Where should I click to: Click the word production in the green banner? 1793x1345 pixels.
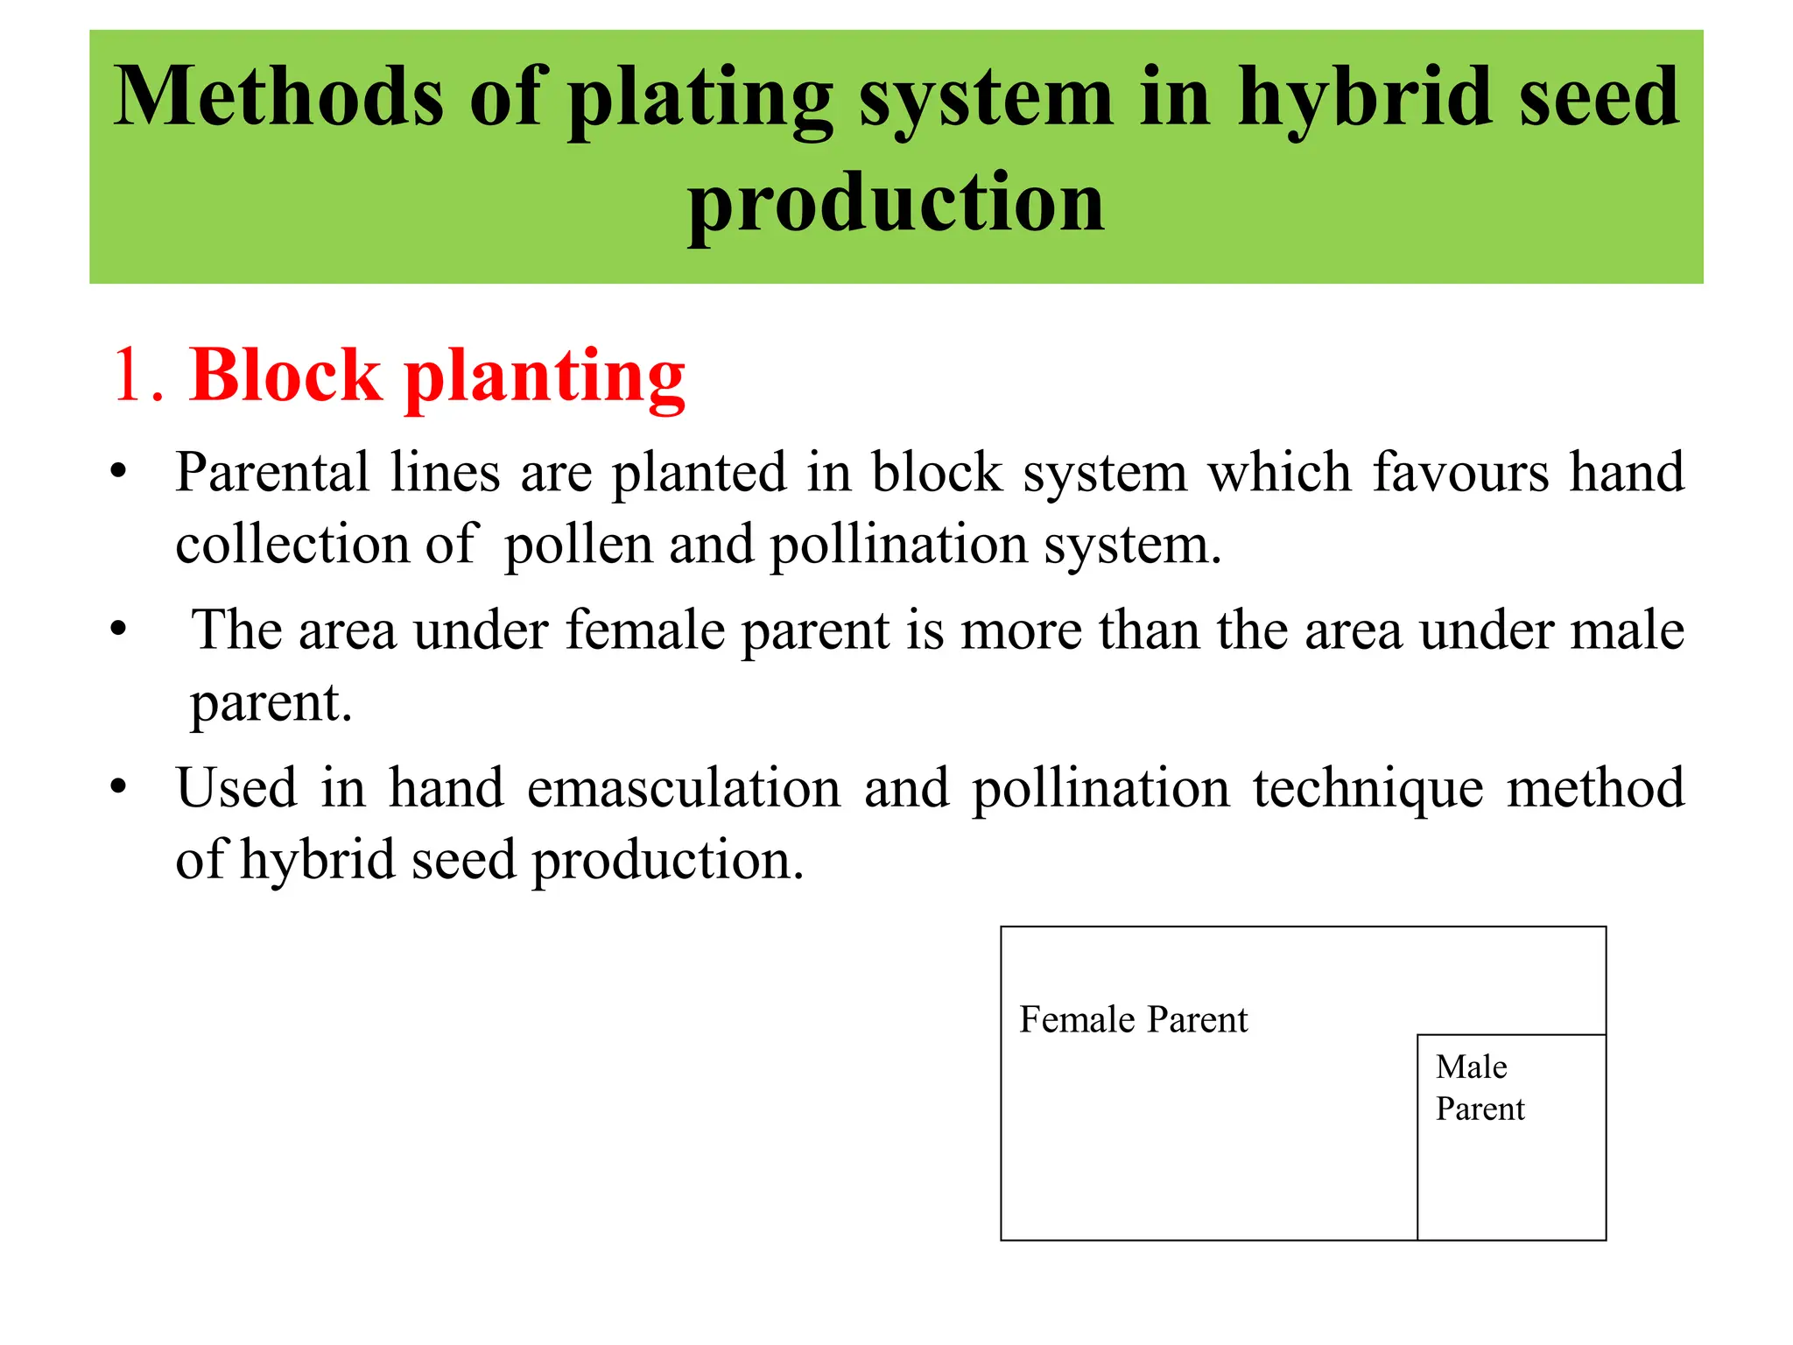[x=896, y=203]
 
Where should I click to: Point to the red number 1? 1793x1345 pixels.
[x=131, y=375]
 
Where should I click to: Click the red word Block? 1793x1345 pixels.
[x=286, y=375]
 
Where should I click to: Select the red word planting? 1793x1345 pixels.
[x=544, y=378]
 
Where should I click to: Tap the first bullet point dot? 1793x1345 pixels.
[x=118, y=474]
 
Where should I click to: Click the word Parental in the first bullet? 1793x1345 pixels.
[x=272, y=473]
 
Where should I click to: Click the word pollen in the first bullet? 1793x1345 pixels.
[x=579, y=546]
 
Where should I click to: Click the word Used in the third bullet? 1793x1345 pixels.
[x=236, y=788]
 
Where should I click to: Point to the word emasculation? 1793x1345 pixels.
[x=684, y=788]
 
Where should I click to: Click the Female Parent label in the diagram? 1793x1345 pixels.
[x=1133, y=1020]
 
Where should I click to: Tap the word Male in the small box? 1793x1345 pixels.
[x=1471, y=1067]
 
